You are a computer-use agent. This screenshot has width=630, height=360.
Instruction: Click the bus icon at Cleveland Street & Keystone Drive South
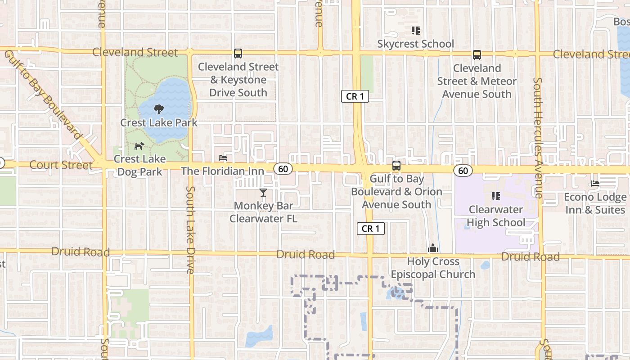[x=238, y=54]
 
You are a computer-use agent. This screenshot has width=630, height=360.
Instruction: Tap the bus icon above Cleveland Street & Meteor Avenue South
[x=477, y=55]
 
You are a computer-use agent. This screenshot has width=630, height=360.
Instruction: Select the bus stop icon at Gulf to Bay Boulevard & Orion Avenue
[x=396, y=166]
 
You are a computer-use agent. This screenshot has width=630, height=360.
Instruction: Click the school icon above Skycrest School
[x=416, y=31]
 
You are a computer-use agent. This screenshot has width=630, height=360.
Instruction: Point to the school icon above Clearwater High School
[x=496, y=196]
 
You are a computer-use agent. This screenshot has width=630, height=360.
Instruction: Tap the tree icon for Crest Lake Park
[x=158, y=109]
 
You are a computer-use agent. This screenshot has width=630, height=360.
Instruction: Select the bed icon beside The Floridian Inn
[x=223, y=158]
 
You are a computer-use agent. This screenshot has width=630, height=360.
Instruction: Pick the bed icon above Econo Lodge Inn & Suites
[x=595, y=184]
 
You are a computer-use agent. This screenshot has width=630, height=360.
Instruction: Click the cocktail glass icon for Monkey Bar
[x=263, y=193]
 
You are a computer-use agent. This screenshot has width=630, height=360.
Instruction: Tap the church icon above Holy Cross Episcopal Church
[x=433, y=248]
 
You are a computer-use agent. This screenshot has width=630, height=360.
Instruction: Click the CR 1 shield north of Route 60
[x=355, y=96]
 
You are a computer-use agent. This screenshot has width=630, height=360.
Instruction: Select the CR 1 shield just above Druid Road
[x=371, y=229]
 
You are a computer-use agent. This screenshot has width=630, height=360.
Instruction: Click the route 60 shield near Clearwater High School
[x=463, y=171]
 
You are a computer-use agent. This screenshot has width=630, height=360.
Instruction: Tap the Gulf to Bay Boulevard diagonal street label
[x=44, y=95]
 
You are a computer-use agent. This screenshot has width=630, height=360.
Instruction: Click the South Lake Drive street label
[x=190, y=229]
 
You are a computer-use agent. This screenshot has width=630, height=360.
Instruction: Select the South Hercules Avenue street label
[x=538, y=137]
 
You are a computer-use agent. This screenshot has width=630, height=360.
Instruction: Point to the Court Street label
[x=61, y=165]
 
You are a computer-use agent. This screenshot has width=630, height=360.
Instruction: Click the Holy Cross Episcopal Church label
[x=433, y=268]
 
